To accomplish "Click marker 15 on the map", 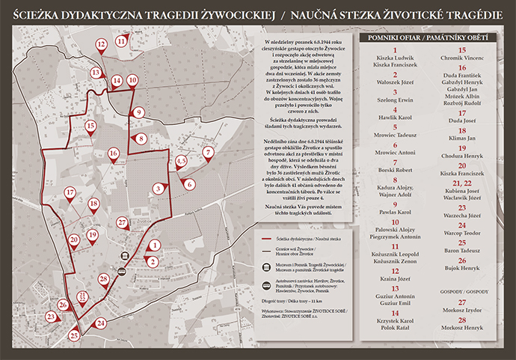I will coord(90,127).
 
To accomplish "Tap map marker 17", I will coord(70,193).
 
